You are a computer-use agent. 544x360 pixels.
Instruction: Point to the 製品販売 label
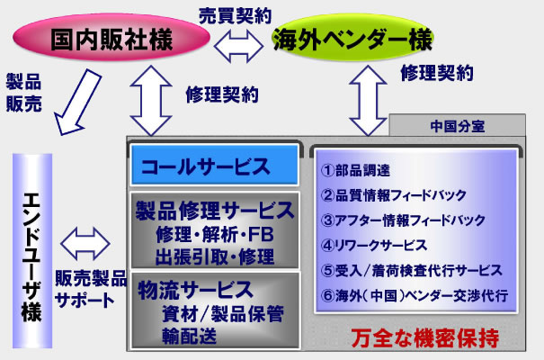(x=23, y=89)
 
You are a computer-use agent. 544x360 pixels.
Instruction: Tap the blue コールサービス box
(x=213, y=166)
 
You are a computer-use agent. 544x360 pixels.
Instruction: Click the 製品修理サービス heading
(x=213, y=211)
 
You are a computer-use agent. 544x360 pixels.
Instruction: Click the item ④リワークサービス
(x=370, y=244)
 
